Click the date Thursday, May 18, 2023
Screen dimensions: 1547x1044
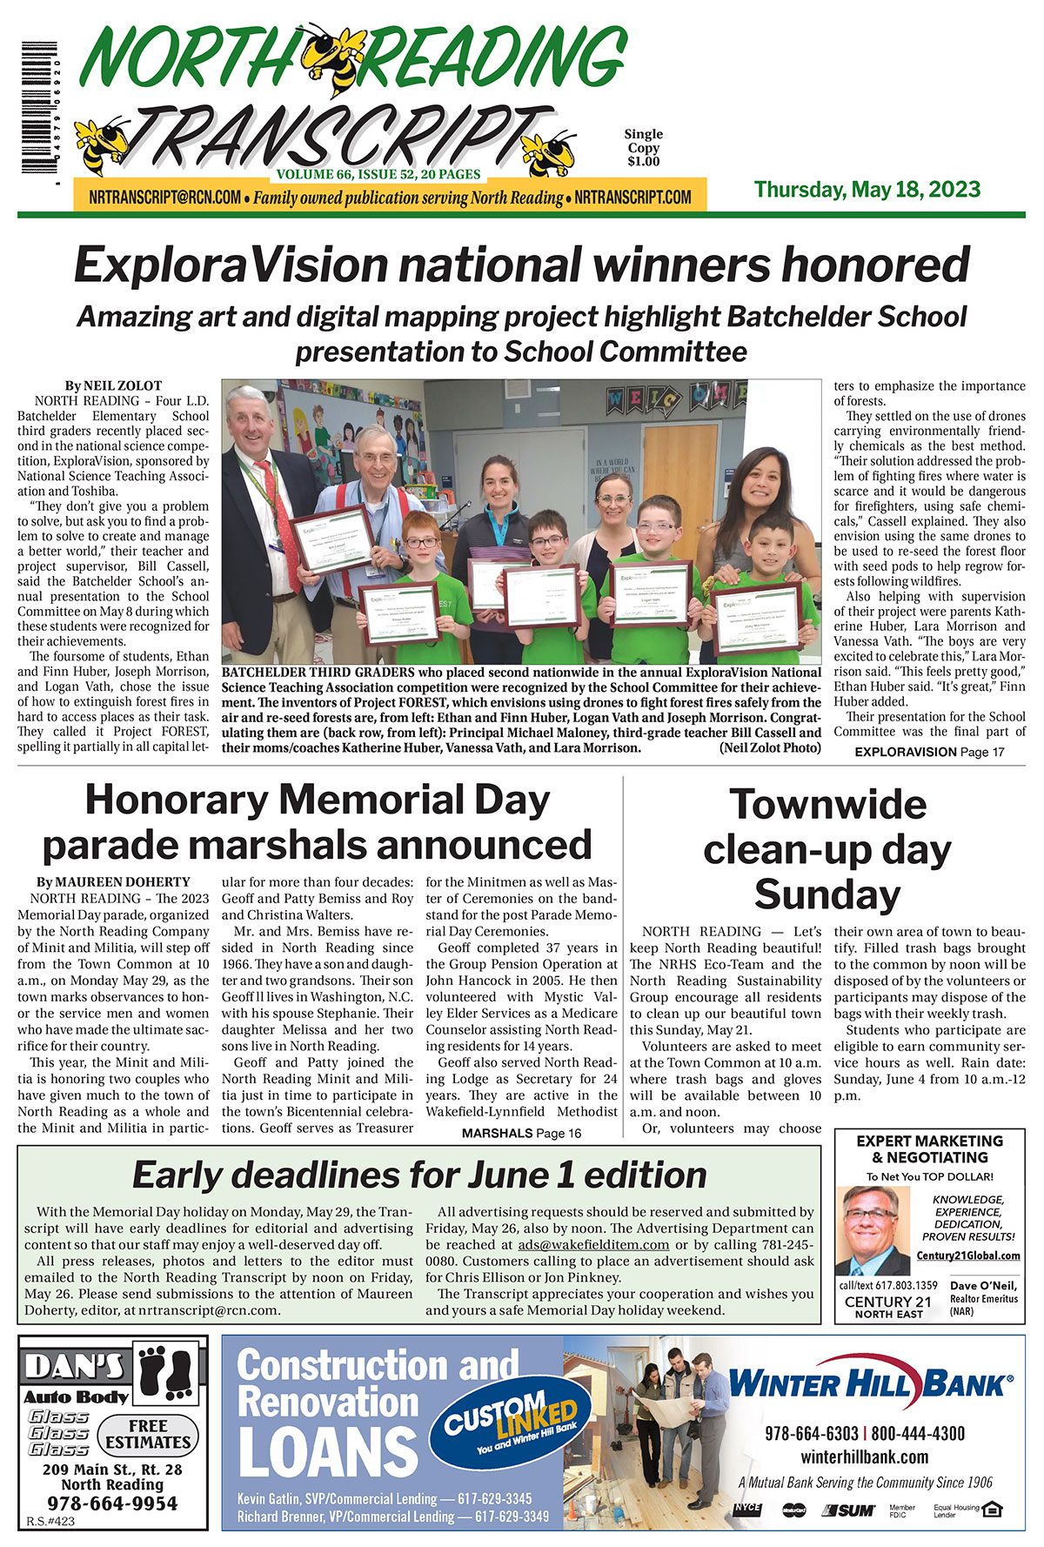(x=867, y=190)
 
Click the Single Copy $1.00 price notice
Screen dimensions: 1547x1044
(x=643, y=148)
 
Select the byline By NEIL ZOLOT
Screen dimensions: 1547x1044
(x=113, y=385)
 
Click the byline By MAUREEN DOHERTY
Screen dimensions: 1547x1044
(x=113, y=881)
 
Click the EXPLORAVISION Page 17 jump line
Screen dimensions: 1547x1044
(x=928, y=752)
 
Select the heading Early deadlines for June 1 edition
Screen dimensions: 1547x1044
(x=418, y=1175)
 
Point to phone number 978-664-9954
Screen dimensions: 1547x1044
(x=112, y=1503)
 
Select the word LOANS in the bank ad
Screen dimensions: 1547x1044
(x=328, y=1451)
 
